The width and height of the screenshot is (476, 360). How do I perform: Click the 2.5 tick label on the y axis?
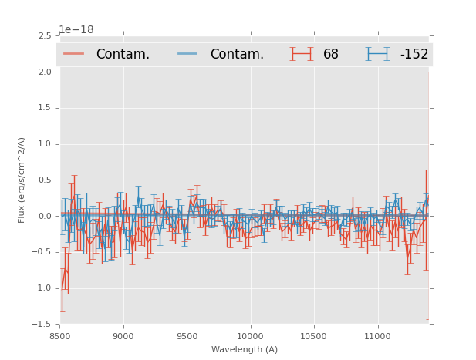45,36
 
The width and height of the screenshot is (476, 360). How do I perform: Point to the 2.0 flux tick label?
45,72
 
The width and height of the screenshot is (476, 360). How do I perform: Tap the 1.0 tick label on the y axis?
45,144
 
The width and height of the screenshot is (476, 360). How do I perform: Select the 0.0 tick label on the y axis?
45,217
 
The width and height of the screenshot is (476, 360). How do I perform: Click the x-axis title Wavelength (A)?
244,349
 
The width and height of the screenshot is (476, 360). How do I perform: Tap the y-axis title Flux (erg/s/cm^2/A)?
22,180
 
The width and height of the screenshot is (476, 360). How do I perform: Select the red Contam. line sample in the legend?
74,54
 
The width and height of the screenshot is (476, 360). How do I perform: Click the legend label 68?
331,54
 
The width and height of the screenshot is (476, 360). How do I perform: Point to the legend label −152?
414,54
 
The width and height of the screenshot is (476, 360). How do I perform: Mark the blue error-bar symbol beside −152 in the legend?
378,54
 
